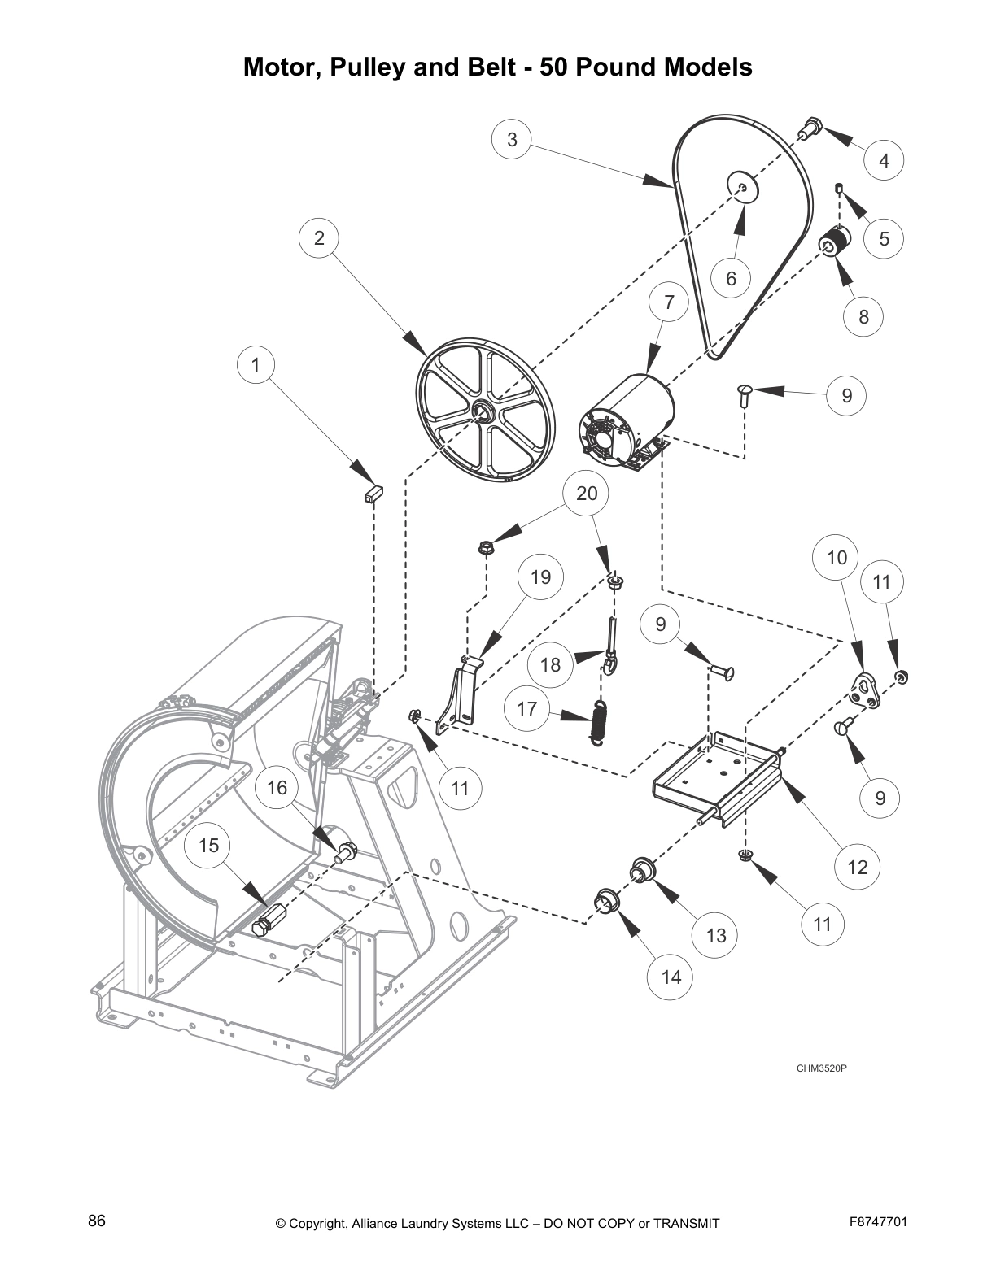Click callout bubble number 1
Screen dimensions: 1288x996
coord(256,365)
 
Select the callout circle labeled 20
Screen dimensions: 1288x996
coord(587,493)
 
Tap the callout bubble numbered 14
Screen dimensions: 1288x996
coord(671,977)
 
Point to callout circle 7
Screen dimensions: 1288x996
coord(669,303)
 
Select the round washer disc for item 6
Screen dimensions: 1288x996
coord(742,187)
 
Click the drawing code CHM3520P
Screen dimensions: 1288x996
coord(822,1068)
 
